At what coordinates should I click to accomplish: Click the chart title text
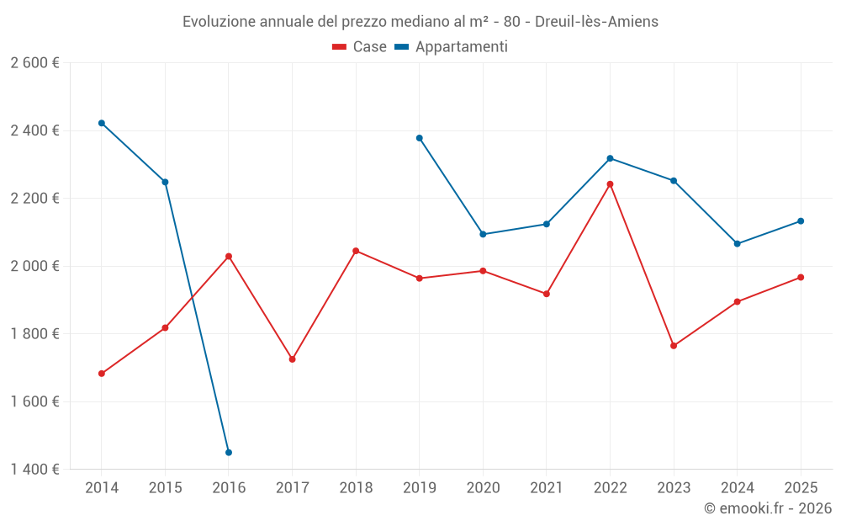(420, 22)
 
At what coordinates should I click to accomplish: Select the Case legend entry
(360, 47)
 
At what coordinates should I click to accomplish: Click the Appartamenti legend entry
(451, 47)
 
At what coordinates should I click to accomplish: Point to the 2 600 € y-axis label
(34, 63)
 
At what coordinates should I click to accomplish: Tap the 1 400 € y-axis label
(34, 469)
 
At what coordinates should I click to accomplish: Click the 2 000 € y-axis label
(34, 266)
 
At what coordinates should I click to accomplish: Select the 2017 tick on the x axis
(292, 488)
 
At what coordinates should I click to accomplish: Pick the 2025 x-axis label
(800, 488)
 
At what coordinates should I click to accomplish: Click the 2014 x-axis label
(102, 488)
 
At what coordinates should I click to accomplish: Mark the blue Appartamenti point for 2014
(102, 123)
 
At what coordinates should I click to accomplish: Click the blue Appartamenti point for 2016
(229, 453)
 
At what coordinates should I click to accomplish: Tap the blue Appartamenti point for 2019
(420, 138)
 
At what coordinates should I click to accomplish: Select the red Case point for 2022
(610, 184)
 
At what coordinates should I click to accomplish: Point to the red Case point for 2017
(292, 359)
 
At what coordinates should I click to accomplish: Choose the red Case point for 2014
(102, 374)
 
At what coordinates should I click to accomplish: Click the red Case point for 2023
(674, 346)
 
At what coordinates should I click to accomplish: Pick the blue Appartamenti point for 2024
(737, 244)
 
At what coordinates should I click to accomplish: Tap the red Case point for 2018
(356, 251)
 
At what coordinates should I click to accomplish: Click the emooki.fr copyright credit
(767, 508)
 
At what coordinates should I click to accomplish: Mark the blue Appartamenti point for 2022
(610, 158)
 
